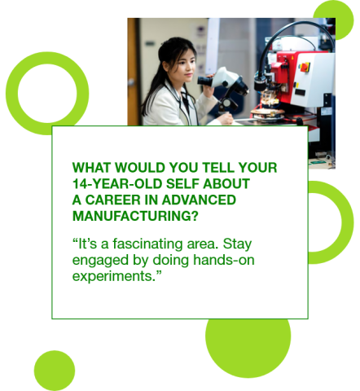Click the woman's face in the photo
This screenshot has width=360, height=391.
click(x=185, y=66)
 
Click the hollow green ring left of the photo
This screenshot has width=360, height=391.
click(x=46, y=93)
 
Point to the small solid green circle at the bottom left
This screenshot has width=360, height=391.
click(x=55, y=371)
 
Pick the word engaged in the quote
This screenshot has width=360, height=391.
click(x=99, y=259)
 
